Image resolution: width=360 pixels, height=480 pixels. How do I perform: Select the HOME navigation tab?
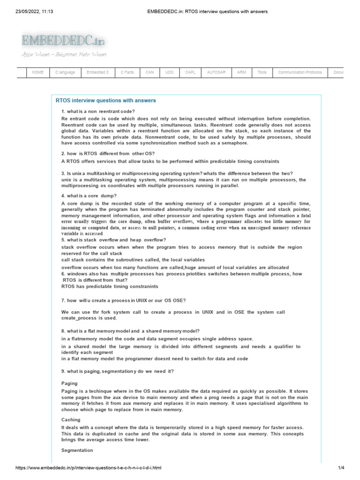[38, 73]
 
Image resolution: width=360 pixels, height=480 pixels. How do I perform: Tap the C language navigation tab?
[65, 73]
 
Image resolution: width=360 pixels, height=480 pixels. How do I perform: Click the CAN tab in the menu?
[150, 73]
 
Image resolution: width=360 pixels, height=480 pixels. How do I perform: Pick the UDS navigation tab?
[169, 73]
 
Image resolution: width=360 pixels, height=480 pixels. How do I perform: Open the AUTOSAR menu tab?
[216, 73]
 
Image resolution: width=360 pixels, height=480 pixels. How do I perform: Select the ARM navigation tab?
[241, 73]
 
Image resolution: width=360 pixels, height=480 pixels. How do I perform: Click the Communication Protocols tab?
[300, 73]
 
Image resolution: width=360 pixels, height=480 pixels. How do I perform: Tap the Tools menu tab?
[262, 73]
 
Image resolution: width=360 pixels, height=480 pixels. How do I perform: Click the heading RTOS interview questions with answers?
[106, 101]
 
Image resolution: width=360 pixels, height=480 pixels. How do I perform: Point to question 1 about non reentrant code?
[98, 111]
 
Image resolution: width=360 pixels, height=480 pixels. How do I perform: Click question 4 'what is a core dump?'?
[89, 195]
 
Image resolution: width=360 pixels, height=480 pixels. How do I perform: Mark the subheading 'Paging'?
[69, 383]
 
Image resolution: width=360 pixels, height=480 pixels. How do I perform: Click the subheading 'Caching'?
[71, 420]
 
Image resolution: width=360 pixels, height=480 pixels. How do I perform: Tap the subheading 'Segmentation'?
[77, 450]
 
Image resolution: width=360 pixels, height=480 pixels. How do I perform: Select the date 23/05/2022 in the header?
[32, 12]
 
